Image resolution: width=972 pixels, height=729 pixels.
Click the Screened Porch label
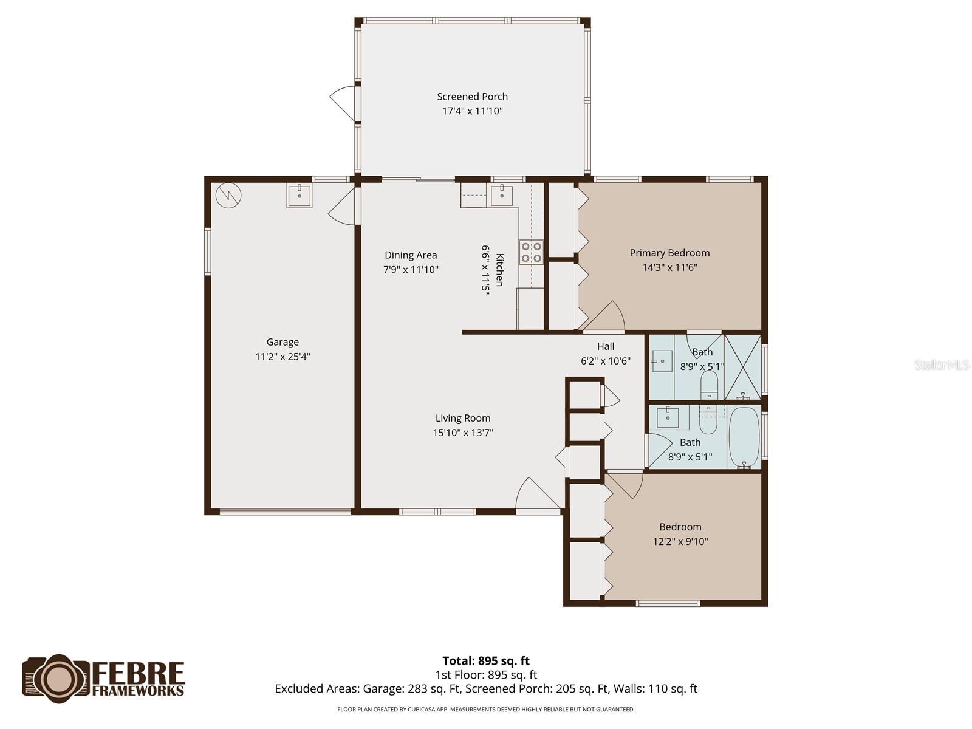coord(472,97)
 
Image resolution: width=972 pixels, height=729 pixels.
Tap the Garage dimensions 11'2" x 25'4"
coord(282,357)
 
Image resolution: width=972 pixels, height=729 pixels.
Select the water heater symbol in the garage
coord(229,194)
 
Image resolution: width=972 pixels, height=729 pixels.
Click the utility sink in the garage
coord(299,196)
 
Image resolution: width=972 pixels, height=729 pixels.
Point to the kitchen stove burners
coord(530,252)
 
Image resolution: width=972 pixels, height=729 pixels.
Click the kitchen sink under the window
coord(502,196)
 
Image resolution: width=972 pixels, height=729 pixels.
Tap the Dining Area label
coord(411,255)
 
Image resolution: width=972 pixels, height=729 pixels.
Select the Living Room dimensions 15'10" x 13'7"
coord(462,433)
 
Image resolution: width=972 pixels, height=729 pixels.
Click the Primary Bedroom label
coord(669,253)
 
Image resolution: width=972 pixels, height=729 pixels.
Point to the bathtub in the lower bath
coord(744,437)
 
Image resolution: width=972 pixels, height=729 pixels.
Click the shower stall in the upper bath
coord(742,366)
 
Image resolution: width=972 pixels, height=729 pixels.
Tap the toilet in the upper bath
coord(709,385)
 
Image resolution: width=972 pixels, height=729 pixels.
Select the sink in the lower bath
coord(668,417)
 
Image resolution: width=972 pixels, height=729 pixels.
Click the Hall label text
coord(605,346)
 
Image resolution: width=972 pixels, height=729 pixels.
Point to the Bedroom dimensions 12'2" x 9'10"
coord(680,541)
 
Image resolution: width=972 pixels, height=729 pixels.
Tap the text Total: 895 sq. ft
coord(485,660)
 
